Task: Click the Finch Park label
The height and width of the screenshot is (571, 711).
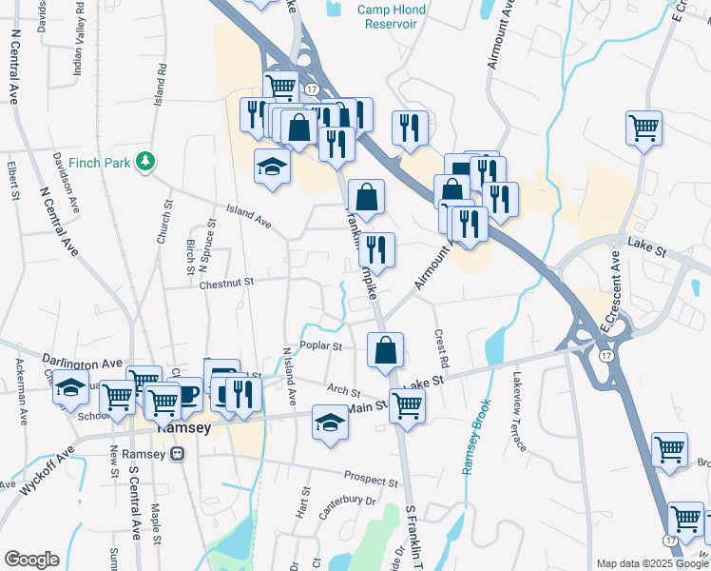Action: [x=104, y=163]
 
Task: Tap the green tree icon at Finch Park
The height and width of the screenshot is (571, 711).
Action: [x=145, y=162]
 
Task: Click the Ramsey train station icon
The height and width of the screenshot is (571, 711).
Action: [x=178, y=454]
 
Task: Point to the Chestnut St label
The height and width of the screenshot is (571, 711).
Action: [x=226, y=282]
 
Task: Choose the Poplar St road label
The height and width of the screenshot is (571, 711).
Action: [x=319, y=346]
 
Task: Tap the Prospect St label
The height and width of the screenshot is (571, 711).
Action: [x=371, y=482]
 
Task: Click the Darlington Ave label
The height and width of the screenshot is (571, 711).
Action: [x=84, y=363]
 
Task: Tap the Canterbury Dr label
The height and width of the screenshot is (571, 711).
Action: [x=348, y=506]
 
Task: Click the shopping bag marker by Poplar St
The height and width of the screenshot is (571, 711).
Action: [x=385, y=350]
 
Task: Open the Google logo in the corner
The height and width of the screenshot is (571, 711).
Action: [x=31, y=560]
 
